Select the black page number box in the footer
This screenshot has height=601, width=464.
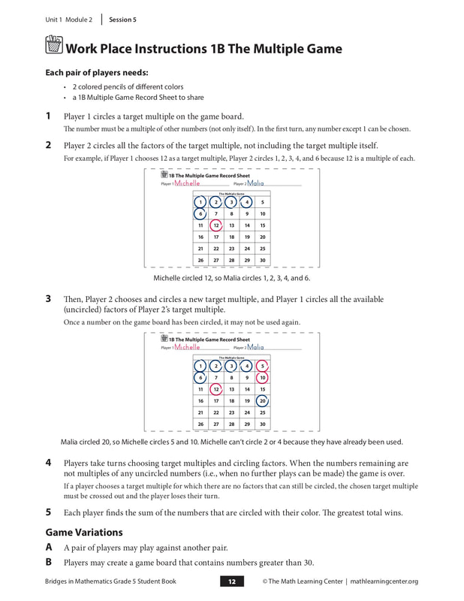point(232,581)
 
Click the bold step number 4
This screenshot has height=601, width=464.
point(48,463)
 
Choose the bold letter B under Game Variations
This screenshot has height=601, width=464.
point(49,561)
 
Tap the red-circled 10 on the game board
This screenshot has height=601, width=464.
point(262,377)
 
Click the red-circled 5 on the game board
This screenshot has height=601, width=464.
point(262,366)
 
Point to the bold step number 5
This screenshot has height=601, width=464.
point(48,512)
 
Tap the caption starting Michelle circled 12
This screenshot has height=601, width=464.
point(231,278)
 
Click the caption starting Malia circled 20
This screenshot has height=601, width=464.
point(231,441)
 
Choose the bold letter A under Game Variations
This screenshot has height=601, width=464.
point(49,547)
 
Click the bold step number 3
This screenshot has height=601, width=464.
point(48,298)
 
